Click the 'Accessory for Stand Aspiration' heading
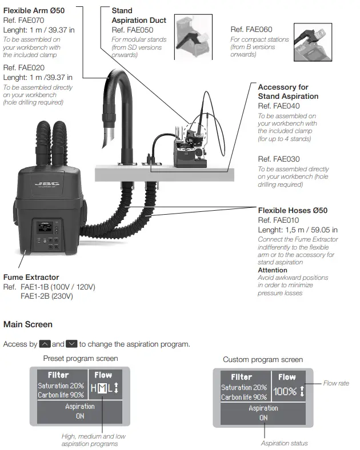[287, 91]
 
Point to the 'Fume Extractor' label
[31, 278]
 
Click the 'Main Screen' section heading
[28, 324]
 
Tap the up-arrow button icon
[45, 344]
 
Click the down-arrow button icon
[71, 344]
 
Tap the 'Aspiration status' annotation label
[284, 443]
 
